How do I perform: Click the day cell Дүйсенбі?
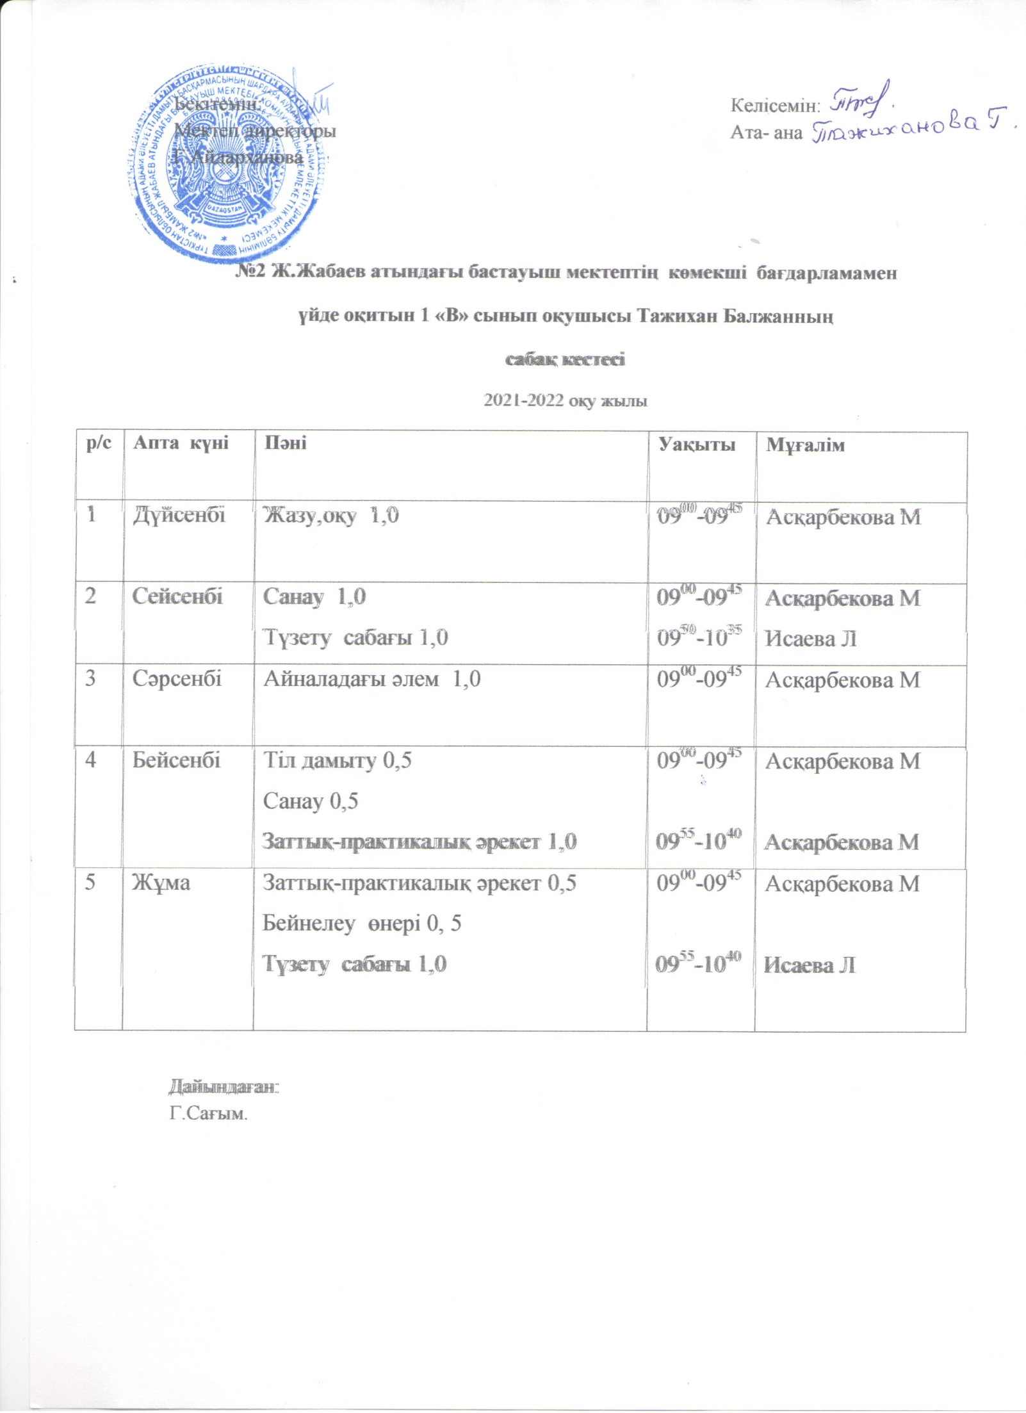coord(179,516)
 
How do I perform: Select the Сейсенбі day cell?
coord(177,596)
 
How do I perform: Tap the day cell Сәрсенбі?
coord(177,678)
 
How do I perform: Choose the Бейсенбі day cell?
coord(176,760)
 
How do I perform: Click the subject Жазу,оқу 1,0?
coord(331,516)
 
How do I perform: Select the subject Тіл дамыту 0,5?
coord(338,760)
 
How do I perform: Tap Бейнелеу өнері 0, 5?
coord(362,923)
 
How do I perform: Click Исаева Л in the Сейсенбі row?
coord(811,638)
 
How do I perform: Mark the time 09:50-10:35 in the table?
coord(699,637)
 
